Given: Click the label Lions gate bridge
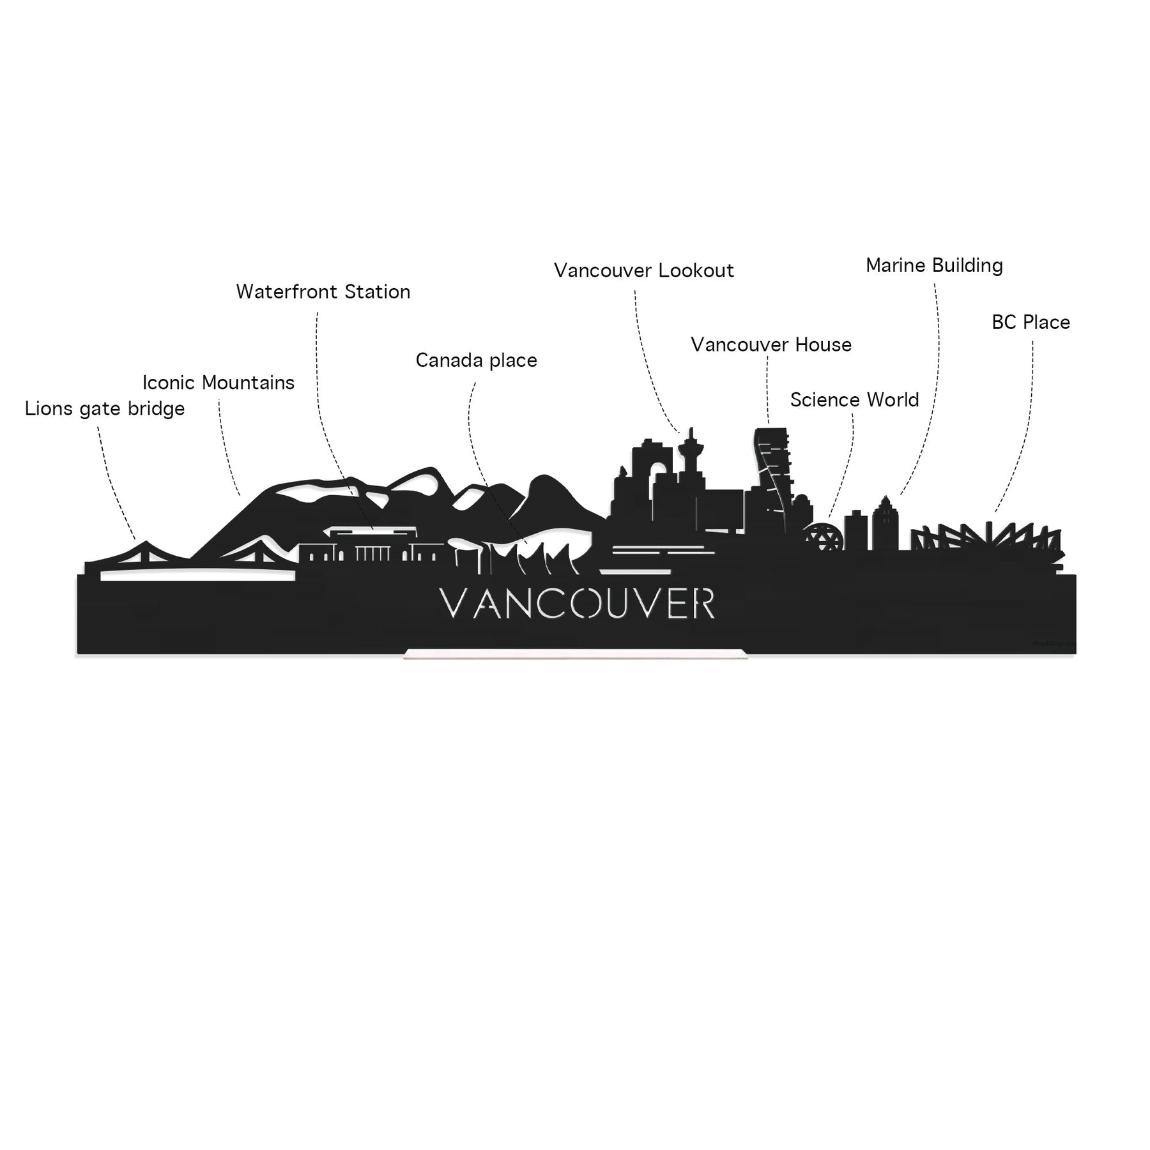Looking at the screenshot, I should point(105,409).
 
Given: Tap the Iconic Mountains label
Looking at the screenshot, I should point(218,383).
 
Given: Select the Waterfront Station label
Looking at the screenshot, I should point(323,292).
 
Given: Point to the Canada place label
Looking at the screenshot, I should point(477,360).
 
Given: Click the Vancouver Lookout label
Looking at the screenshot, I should point(644,271).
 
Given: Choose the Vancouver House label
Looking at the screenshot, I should point(771,345).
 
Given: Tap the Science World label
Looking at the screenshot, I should point(855,400).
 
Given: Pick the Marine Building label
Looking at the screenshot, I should point(934,265).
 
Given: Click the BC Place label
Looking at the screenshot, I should point(1031,322).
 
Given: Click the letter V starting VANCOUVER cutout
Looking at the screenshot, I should point(455,604).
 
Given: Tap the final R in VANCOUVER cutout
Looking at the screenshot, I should point(703,604).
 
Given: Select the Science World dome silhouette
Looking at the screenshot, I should point(824,537).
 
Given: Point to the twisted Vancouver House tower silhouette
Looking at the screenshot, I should point(771,473).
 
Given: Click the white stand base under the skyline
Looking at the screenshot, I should point(575,654).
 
